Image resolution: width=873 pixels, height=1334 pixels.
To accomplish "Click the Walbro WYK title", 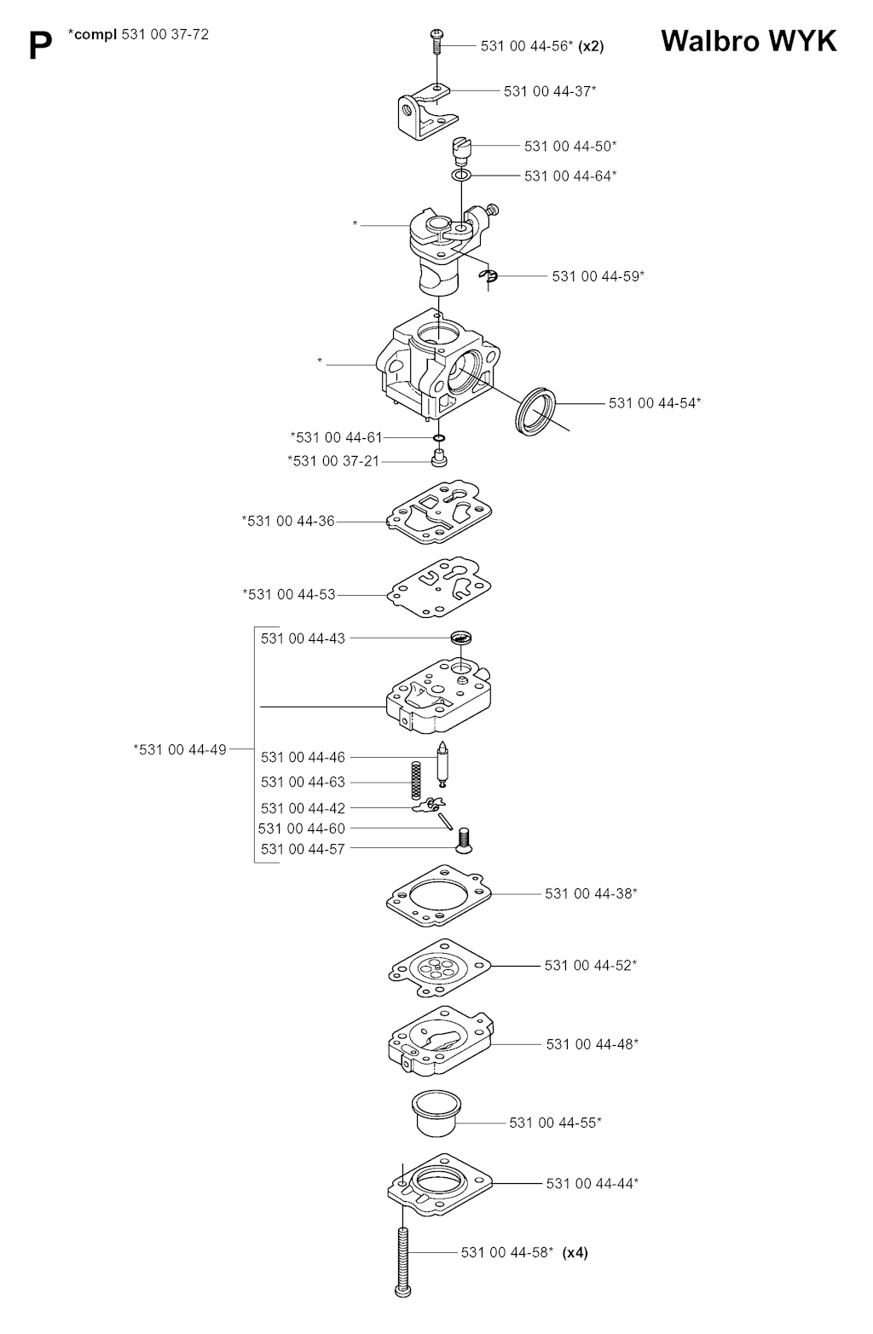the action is tap(749, 41).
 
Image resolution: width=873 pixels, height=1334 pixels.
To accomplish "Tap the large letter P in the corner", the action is tap(40, 46).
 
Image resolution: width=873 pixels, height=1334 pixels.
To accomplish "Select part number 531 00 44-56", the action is tap(526, 46).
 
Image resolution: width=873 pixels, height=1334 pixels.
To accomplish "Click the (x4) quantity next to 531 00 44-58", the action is tap(575, 1252).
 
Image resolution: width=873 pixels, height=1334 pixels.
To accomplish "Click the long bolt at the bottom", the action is tap(403, 1261).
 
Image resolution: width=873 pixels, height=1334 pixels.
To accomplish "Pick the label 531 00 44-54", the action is tap(655, 403).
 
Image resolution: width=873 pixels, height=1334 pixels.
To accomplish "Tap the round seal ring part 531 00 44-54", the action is tap(535, 411).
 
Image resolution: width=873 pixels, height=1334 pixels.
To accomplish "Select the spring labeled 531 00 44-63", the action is tap(416, 781).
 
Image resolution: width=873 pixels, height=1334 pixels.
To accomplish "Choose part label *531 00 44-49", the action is tap(180, 749).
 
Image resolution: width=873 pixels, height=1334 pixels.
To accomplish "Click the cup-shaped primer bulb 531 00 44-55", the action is tap(436, 1113).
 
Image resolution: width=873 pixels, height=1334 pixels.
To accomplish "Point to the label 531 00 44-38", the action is tap(591, 893).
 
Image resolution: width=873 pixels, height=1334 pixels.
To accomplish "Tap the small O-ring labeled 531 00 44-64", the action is tap(461, 176).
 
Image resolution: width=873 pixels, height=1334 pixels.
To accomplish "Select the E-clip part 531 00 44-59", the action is tap(489, 275).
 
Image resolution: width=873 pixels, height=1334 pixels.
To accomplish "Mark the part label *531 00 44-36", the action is tap(288, 521).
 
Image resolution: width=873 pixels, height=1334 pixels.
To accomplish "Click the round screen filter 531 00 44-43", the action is tap(461, 638).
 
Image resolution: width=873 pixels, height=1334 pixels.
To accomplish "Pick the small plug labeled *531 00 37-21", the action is tap(439, 459).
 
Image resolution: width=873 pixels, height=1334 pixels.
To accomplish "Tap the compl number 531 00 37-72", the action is tap(165, 35).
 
